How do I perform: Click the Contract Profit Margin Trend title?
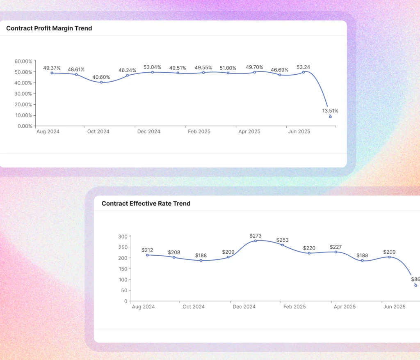[49, 28]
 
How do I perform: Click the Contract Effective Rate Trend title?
[146, 203]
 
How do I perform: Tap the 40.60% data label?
[101, 77]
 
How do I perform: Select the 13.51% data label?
[330, 110]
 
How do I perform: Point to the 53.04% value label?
[152, 67]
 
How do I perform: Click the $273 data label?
[256, 236]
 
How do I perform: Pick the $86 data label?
[415, 279]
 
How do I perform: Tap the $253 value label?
[282, 240]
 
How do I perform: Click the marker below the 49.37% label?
[52, 73]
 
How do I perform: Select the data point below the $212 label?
[147, 255]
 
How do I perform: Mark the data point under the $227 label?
[336, 252]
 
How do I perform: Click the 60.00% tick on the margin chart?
[23, 61]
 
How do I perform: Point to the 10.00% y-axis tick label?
[23, 115]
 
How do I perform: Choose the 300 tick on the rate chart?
[123, 236]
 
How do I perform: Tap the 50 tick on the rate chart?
[125, 291]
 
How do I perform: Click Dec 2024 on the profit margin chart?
[148, 132]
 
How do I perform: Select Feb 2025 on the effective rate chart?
[294, 307]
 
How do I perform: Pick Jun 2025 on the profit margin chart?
[299, 132]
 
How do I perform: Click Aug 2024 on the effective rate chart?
[143, 307]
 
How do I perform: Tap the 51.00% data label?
[228, 68]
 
